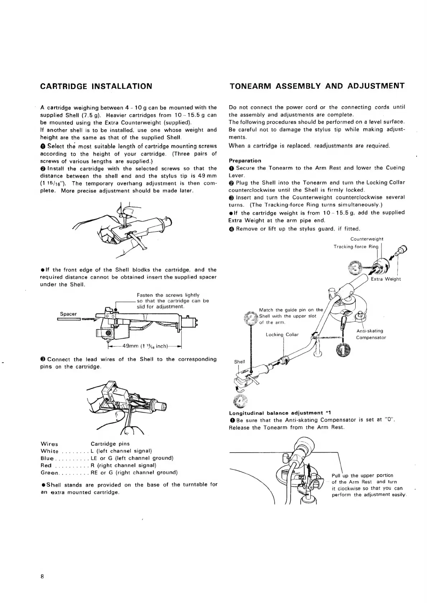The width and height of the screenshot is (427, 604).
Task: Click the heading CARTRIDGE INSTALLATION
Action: point(96,86)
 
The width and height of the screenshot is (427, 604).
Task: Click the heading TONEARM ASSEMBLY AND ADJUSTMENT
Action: point(317,86)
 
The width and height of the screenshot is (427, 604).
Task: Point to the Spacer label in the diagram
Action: point(68,314)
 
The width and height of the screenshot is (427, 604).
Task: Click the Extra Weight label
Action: point(386,279)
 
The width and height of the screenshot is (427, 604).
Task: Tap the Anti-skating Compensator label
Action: point(371,334)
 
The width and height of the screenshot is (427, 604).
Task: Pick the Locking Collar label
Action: point(282,334)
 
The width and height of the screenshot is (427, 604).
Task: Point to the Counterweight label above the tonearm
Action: point(367,239)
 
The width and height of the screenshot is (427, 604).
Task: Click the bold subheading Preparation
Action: point(245,160)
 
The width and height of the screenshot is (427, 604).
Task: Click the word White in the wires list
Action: point(50,451)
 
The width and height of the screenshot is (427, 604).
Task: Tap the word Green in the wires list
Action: point(50,473)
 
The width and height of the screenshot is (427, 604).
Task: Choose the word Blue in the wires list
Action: point(47,458)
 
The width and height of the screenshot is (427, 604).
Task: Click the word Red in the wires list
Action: point(46,465)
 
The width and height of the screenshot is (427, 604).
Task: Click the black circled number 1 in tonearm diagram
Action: point(343,350)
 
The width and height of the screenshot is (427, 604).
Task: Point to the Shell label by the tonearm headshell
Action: point(239,362)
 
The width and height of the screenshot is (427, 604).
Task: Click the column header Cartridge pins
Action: point(110,444)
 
